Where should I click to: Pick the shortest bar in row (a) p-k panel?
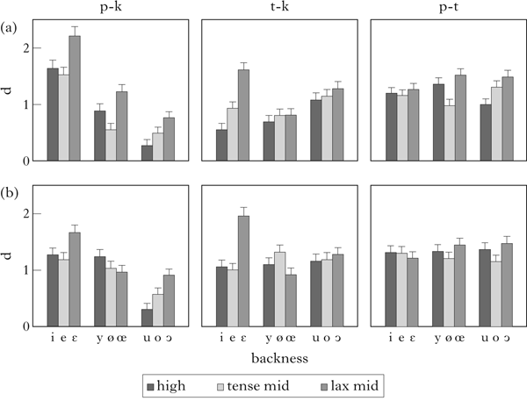click(x=147, y=153)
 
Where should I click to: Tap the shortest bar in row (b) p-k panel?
click(x=147, y=318)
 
